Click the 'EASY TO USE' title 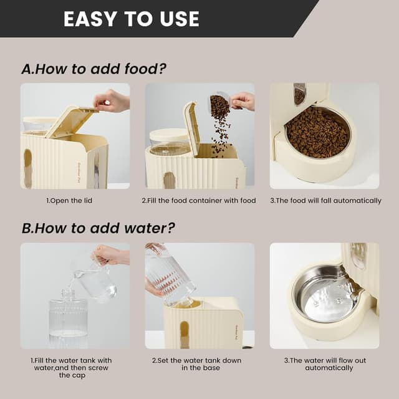tap(131, 19)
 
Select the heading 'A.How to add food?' tap(94, 69)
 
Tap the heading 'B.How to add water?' tap(99, 228)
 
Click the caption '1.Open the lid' tap(75, 201)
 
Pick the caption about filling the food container tap(199, 201)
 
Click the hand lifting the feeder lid tap(113, 100)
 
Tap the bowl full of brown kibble tap(317, 132)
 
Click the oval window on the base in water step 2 tap(184, 334)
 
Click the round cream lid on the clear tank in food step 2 tap(169, 135)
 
